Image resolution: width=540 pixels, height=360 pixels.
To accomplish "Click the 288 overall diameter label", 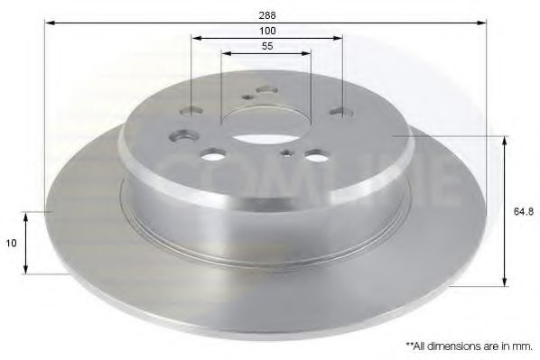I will click(x=267, y=14).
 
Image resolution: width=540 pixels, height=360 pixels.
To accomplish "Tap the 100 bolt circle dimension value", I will click(x=267, y=31).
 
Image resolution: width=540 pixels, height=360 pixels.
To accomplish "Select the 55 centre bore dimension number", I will click(x=267, y=45).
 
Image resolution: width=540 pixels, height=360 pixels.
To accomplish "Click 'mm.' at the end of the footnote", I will click(x=523, y=345).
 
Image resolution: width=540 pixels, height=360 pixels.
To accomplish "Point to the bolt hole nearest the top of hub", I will click(x=265, y=90).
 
